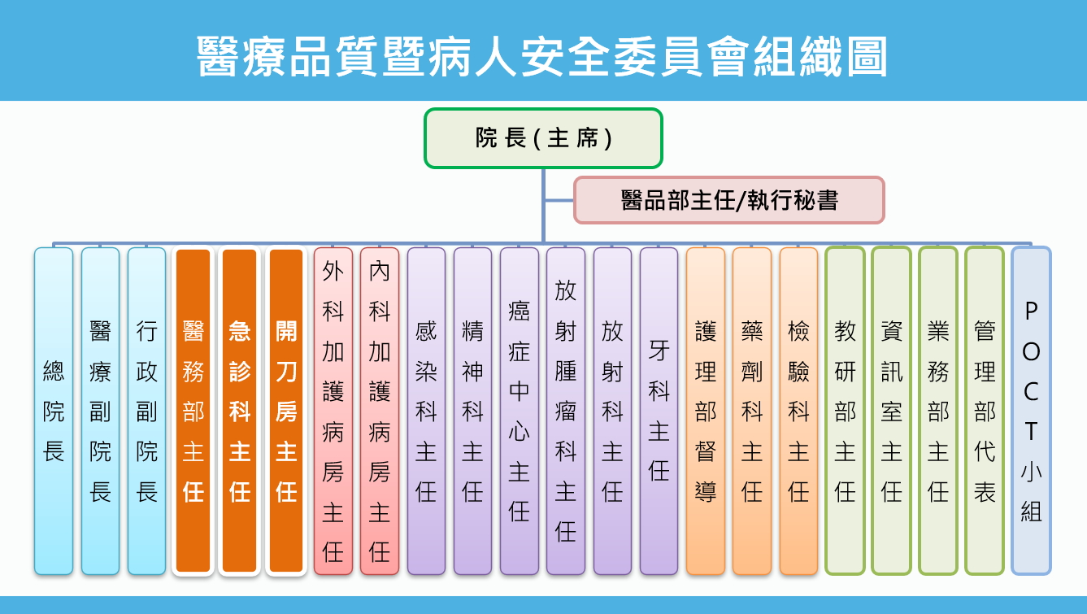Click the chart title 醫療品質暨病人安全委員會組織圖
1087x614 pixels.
pyautogui.click(x=542, y=57)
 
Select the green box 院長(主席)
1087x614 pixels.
pyautogui.click(x=543, y=138)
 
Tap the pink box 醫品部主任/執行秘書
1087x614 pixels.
pyautogui.click(x=729, y=200)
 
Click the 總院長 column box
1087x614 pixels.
pyautogui.click(x=54, y=412)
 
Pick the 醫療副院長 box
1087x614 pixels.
pyautogui.click(x=100, y=412)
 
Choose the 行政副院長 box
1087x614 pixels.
pyautogui.click(x=146, y=412)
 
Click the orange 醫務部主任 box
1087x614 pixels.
pyautogui.click(x=193, y=412)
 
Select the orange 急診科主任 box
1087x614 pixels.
pyautogui.click(x=240, y=412)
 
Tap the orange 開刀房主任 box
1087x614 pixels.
pyautogui.click(x=286, y=412)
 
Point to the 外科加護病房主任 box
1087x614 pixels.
pyautogui.click(x=333, y=412)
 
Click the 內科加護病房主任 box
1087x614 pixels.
pyautogui.click(x=380, y=412)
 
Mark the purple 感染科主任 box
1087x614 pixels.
pyautogui.click(x=426, y=412)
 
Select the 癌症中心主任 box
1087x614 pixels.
pyautogui.click(x=520, y=412)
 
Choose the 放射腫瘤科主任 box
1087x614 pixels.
pyautogui.click(x=566, y=412)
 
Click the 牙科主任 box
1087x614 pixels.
pyautogui.click(x=659, y=412)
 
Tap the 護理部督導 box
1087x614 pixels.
pyautogui.click(x=706, y=412)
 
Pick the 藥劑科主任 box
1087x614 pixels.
pyautogui.click(x=752, y=412)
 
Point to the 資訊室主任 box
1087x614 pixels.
pyautogui.click(x=891, y=412)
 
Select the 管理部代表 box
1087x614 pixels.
pyautogui.click(x=985, y=412)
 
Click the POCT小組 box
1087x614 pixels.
pyautogui.click(x=1031, y=412)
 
